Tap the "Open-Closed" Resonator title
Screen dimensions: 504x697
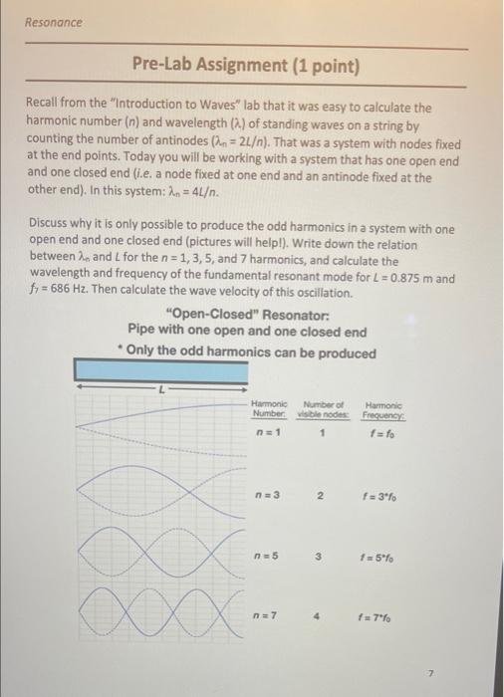[x=246, y=316]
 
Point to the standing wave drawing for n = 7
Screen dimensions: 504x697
[x=159, y=602]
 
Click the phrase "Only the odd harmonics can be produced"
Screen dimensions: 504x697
[x=251, y=352]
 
